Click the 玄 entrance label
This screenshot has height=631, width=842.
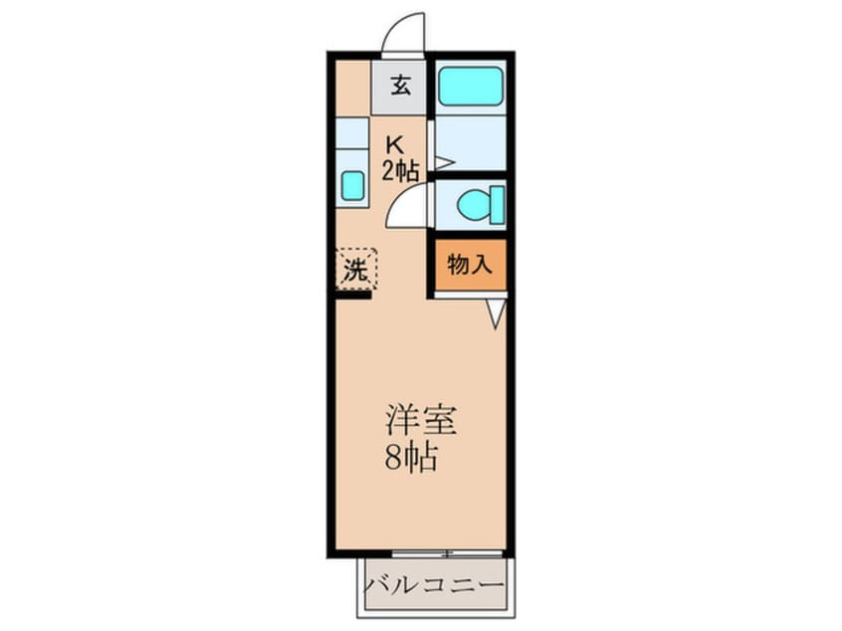point(400,86)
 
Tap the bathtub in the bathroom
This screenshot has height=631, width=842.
point(470,86)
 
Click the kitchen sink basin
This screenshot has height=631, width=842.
point(352,185)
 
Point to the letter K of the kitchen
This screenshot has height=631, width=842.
point(395,143)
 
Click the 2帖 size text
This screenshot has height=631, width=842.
point(400,170)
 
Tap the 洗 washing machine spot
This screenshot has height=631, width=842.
point(355,269)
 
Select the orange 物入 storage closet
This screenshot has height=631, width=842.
point(470,265)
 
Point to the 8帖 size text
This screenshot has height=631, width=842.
point(411,461)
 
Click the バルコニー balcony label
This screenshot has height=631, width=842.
point(436,583)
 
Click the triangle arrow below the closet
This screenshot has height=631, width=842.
point(496,314)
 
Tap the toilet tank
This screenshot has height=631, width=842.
point(497,205)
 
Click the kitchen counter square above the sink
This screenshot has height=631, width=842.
point(351,132)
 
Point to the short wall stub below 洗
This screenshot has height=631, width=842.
point(352,295)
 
